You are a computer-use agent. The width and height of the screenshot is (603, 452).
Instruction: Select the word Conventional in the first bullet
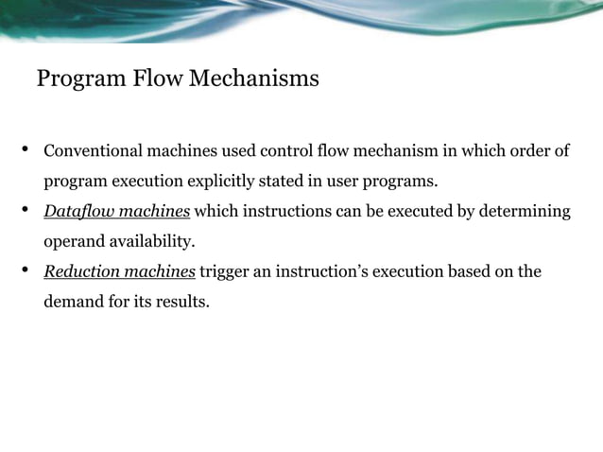(x=93, y=151)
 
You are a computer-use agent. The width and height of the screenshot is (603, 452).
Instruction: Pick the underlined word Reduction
(x=82, y=272)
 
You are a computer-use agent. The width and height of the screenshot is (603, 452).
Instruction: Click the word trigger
(x=225, y=272)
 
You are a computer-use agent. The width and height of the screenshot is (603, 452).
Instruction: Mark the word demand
(x=73, y=304)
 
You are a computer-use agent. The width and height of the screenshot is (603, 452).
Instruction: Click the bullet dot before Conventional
(x=26, y=150)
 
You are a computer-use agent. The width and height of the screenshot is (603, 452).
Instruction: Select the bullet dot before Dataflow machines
(x=26, y=210)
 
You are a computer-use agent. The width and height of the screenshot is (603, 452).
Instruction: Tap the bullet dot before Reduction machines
(x=26, y=271)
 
